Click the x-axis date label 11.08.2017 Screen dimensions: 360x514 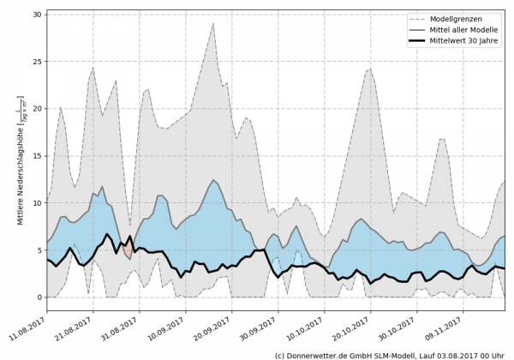27,326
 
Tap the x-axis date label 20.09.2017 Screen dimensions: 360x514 217,326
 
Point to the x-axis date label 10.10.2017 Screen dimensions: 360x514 311,326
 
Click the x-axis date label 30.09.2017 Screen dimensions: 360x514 264,326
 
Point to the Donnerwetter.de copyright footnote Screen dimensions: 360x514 389,354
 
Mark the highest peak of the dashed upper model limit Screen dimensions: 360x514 213,23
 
